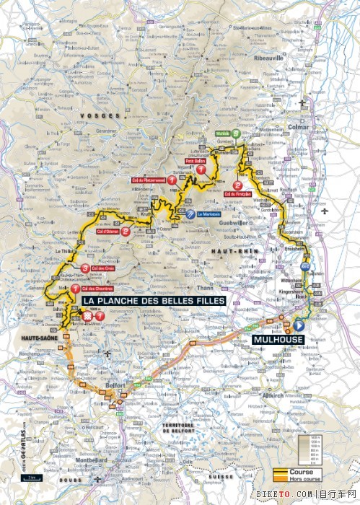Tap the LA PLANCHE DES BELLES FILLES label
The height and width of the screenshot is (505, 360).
click(x=154, y=300)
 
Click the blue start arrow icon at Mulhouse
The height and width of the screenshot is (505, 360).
click(x=299, y=325)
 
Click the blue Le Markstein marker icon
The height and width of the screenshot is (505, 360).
click(x=190, y=214)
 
